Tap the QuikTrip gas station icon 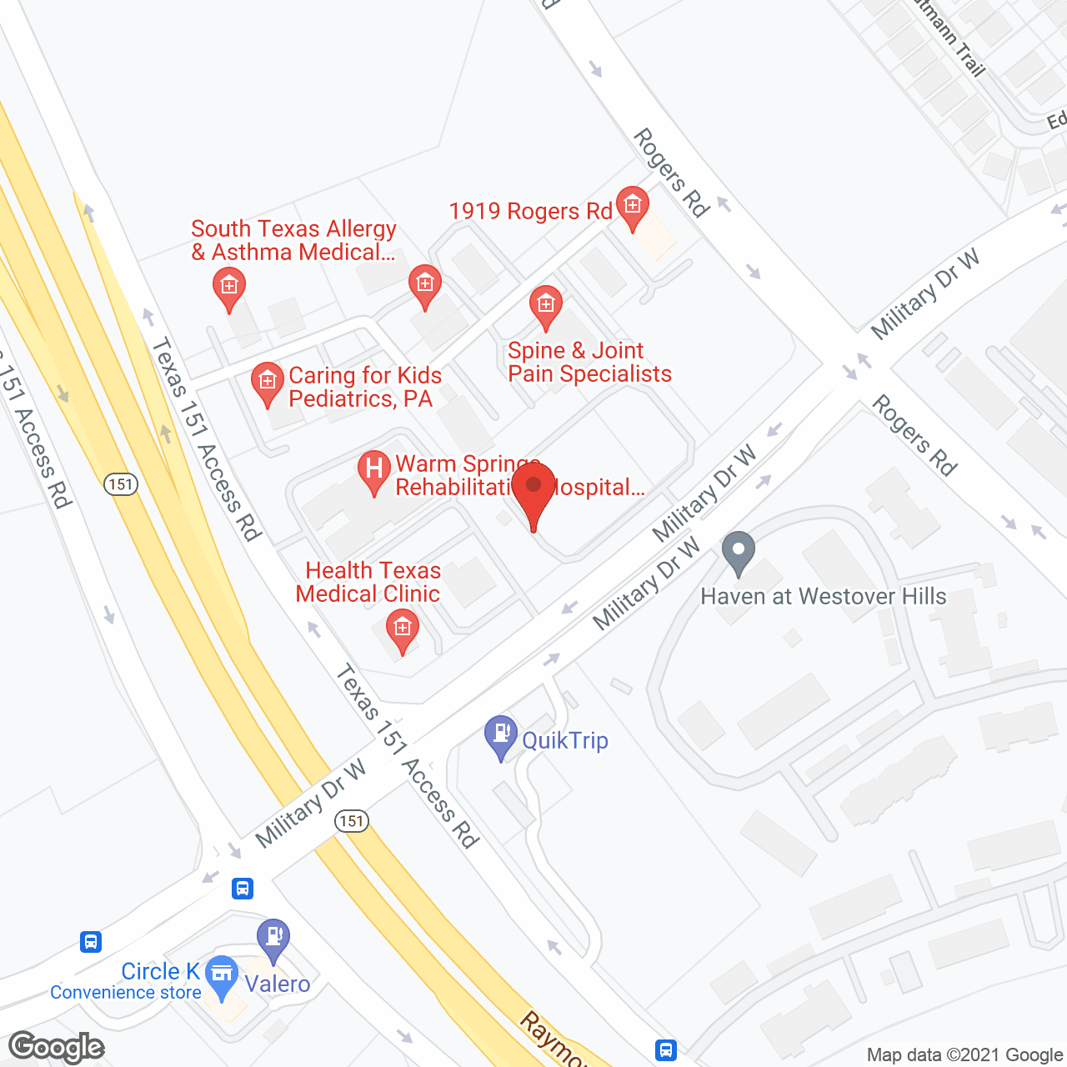click(501, 734)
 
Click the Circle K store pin click(222, 974)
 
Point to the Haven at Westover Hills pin click(738, 552)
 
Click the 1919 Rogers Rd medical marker click(632, 206)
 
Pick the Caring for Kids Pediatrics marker click(267, 383)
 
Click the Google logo click(57, 1047)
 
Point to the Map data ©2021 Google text click(965, 1055)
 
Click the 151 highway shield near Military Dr click(352, 821)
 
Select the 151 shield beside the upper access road click(121, 484)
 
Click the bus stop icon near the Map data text click(665, 1049)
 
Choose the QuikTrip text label click(565, 740)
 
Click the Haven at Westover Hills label click(824, 597)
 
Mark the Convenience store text click(125, 993)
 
